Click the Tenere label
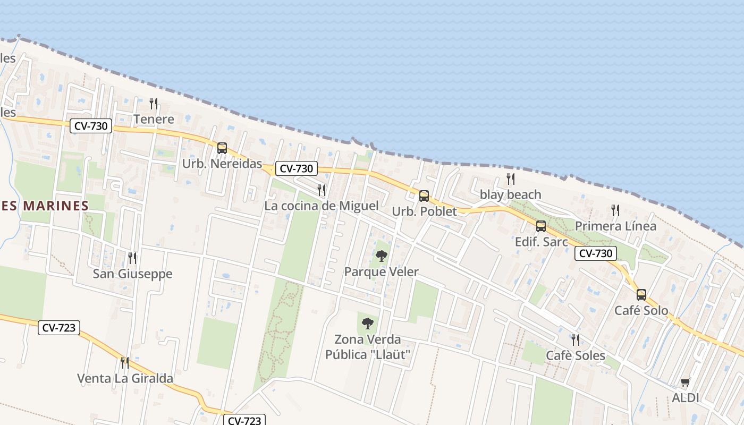pos(154,119)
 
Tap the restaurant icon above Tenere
pos(154,103)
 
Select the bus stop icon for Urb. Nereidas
pos(222,148)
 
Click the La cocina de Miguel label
pos(322,206)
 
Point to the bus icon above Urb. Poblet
pos(424,196)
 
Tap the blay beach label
pos(510,194)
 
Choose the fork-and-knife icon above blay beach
pos(511,178)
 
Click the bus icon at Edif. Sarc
pos(541,226)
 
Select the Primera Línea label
pos(615,226)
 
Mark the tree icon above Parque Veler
pos(382,256)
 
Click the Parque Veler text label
pos(381,272)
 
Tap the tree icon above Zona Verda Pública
pos(368,323)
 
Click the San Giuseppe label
pos(132,274)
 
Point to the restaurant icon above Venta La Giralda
pos(124,362)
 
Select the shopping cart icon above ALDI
pos(686,382)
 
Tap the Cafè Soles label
pos(576,355)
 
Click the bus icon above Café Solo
pos(641,294)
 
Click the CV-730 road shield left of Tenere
pos(91,126)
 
